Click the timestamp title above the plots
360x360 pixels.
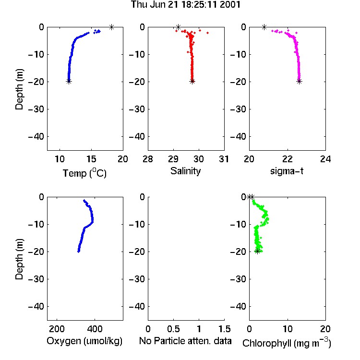[185, 5]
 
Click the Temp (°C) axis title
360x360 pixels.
[84, 173]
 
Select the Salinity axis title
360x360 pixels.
[185, 171]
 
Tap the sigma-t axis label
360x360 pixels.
[287, 171]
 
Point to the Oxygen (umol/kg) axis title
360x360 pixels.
[84, 341]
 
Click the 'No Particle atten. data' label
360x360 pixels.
[185, 341]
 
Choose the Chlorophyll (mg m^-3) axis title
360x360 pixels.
[287, 343]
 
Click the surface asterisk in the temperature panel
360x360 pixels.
[111, 27]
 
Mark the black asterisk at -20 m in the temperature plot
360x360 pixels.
[69, 81]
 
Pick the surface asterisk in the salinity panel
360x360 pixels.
[178, 27]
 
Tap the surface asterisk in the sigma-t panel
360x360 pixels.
[264, 27]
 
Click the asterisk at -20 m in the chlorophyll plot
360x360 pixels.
[257, 251]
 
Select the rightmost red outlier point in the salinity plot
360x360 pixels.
[207, 33]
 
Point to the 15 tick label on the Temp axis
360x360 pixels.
[91, 159]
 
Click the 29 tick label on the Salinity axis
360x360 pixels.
[173, 159]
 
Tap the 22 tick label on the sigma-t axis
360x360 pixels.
[287, 159]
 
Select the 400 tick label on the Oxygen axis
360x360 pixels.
[95, 329]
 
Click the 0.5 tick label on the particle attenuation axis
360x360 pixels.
[173, 329]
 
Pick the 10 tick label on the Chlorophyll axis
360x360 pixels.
[287, 329]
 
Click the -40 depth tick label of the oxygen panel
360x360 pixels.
[36, 306]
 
